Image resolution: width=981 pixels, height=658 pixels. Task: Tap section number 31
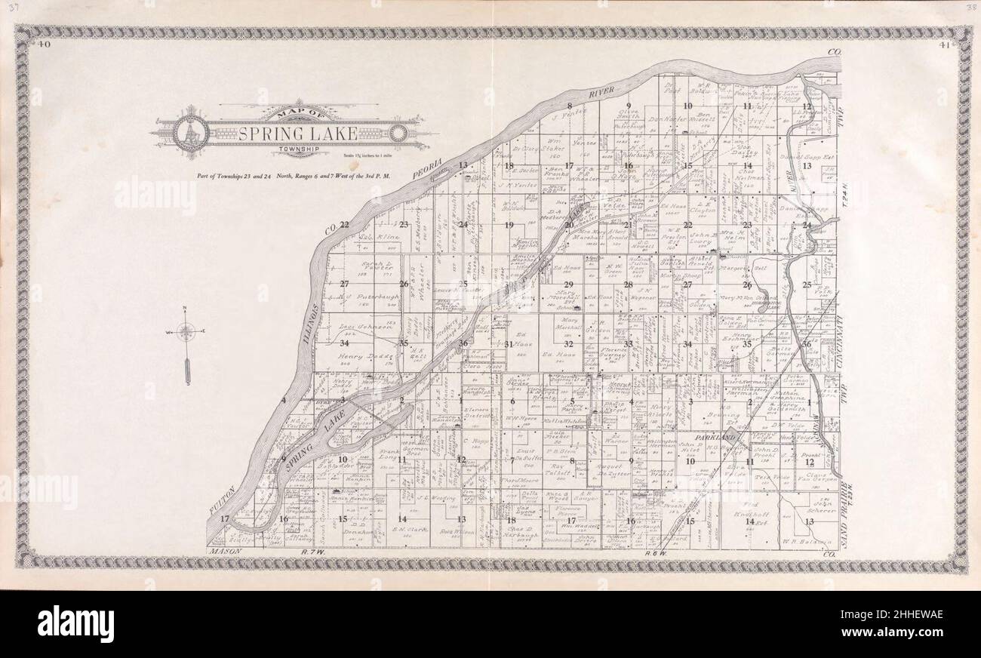[x=509, y=344]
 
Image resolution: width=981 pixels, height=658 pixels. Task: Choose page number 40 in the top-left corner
[x=45, y=45]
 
